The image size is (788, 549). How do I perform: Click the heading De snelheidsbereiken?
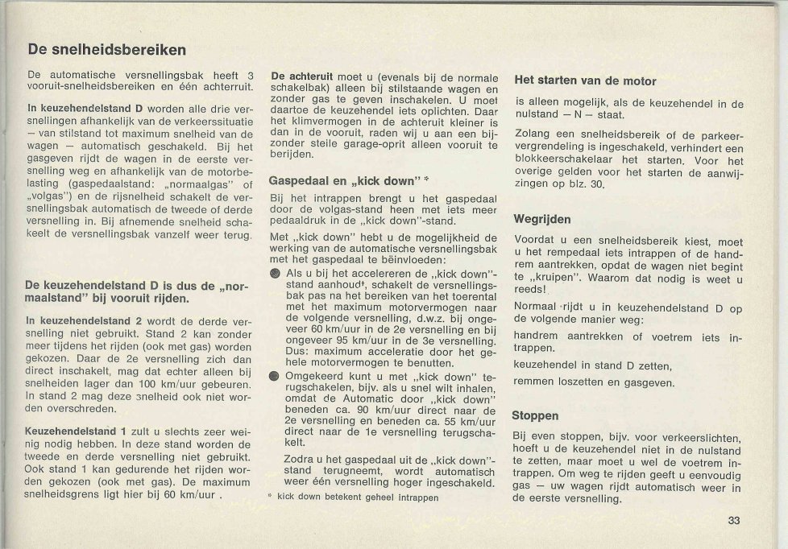(107, 50)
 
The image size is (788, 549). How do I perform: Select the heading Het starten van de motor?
(585, 80)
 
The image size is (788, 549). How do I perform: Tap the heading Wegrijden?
(542, 219)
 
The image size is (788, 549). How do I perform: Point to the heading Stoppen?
(535, 415)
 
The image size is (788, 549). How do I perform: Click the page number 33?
(733, 520)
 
